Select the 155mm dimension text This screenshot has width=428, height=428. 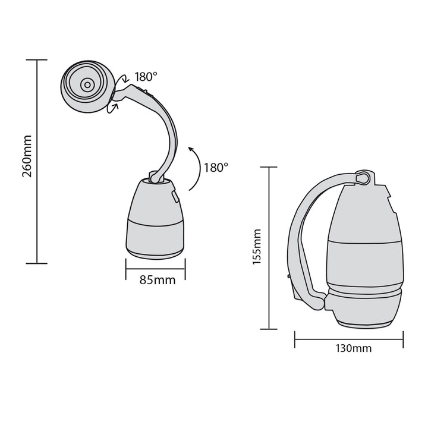(x=257, y=247)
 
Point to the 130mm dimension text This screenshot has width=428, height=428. (x=350, y=348)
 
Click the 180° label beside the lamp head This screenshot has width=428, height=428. (x=146, y=77)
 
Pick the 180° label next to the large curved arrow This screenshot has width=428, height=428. (x=215, y=167)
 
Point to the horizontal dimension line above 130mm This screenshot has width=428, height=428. (x=349, y=339)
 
